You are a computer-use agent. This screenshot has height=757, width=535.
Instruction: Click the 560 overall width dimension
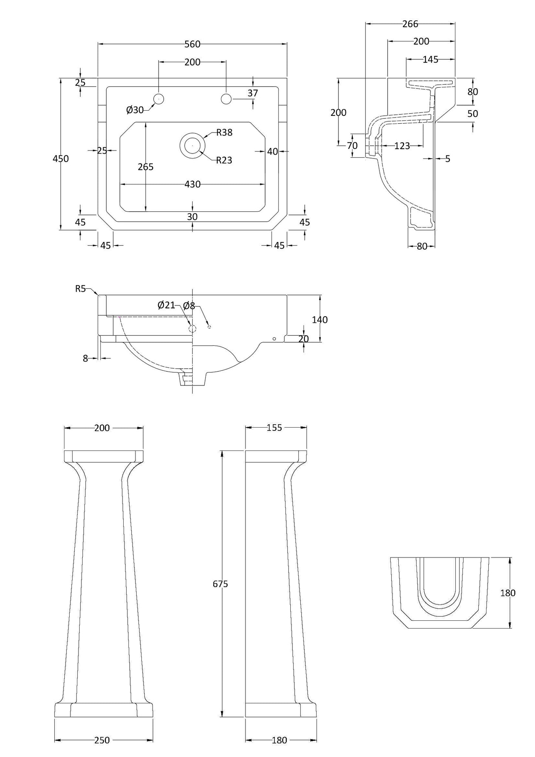(192, 44)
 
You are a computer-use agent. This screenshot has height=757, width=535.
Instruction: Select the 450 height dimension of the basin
(61, 158)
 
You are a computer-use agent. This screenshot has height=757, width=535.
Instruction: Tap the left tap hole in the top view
(159, 99)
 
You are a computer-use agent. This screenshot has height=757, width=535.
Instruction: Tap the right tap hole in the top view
(226, 99)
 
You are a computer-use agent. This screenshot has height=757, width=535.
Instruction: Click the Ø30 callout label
(135, 110)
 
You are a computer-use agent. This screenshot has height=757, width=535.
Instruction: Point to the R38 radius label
(224, 133)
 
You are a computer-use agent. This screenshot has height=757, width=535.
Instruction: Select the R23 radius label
(224, 160)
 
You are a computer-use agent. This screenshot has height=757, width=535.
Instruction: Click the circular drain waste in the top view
(192, 145)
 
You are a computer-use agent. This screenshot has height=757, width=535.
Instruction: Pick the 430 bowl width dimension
(192, 184)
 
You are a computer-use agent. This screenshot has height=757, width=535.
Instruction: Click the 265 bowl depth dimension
(146, 167)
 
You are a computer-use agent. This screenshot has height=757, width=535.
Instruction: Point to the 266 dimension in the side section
(410, 24)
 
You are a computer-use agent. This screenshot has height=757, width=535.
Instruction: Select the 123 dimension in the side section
(402, 146)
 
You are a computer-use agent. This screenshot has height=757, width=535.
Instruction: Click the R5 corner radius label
(80, 289)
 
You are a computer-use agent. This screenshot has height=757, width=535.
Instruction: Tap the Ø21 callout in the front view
(166, 305)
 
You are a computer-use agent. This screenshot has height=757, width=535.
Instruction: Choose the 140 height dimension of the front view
(320, 319)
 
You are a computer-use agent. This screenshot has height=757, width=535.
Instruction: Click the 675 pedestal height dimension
(220, 584)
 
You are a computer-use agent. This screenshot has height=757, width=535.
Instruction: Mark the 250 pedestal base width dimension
(102, 740)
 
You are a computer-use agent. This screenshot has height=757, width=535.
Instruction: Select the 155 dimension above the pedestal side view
(274, 428)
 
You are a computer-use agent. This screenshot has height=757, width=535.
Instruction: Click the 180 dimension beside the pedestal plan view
(508, 593)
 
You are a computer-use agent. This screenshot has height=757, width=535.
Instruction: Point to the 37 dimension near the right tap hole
(253, 93)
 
